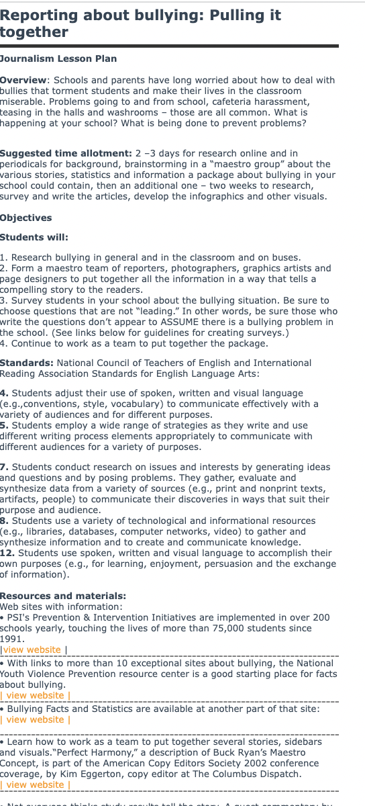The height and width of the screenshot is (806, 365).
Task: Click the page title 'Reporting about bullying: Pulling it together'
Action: tap(141, 23)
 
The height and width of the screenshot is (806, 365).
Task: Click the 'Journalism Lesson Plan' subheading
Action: tap(58, 58)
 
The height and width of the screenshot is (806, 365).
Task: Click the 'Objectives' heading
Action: tap(25, 218)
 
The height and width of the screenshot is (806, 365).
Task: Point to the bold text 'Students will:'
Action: tap(34, 237)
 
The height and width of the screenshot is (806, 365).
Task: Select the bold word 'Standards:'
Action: tap(26, 363)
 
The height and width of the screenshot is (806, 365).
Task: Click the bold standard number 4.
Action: tap(4, 393)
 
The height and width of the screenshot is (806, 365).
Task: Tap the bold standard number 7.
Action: tap(4, 467)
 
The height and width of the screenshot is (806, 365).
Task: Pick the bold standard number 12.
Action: tap(7, 553)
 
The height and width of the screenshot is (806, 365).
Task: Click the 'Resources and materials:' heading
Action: tap(62, 596)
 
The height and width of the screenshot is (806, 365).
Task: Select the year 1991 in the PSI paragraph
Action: tap(11, 639)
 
